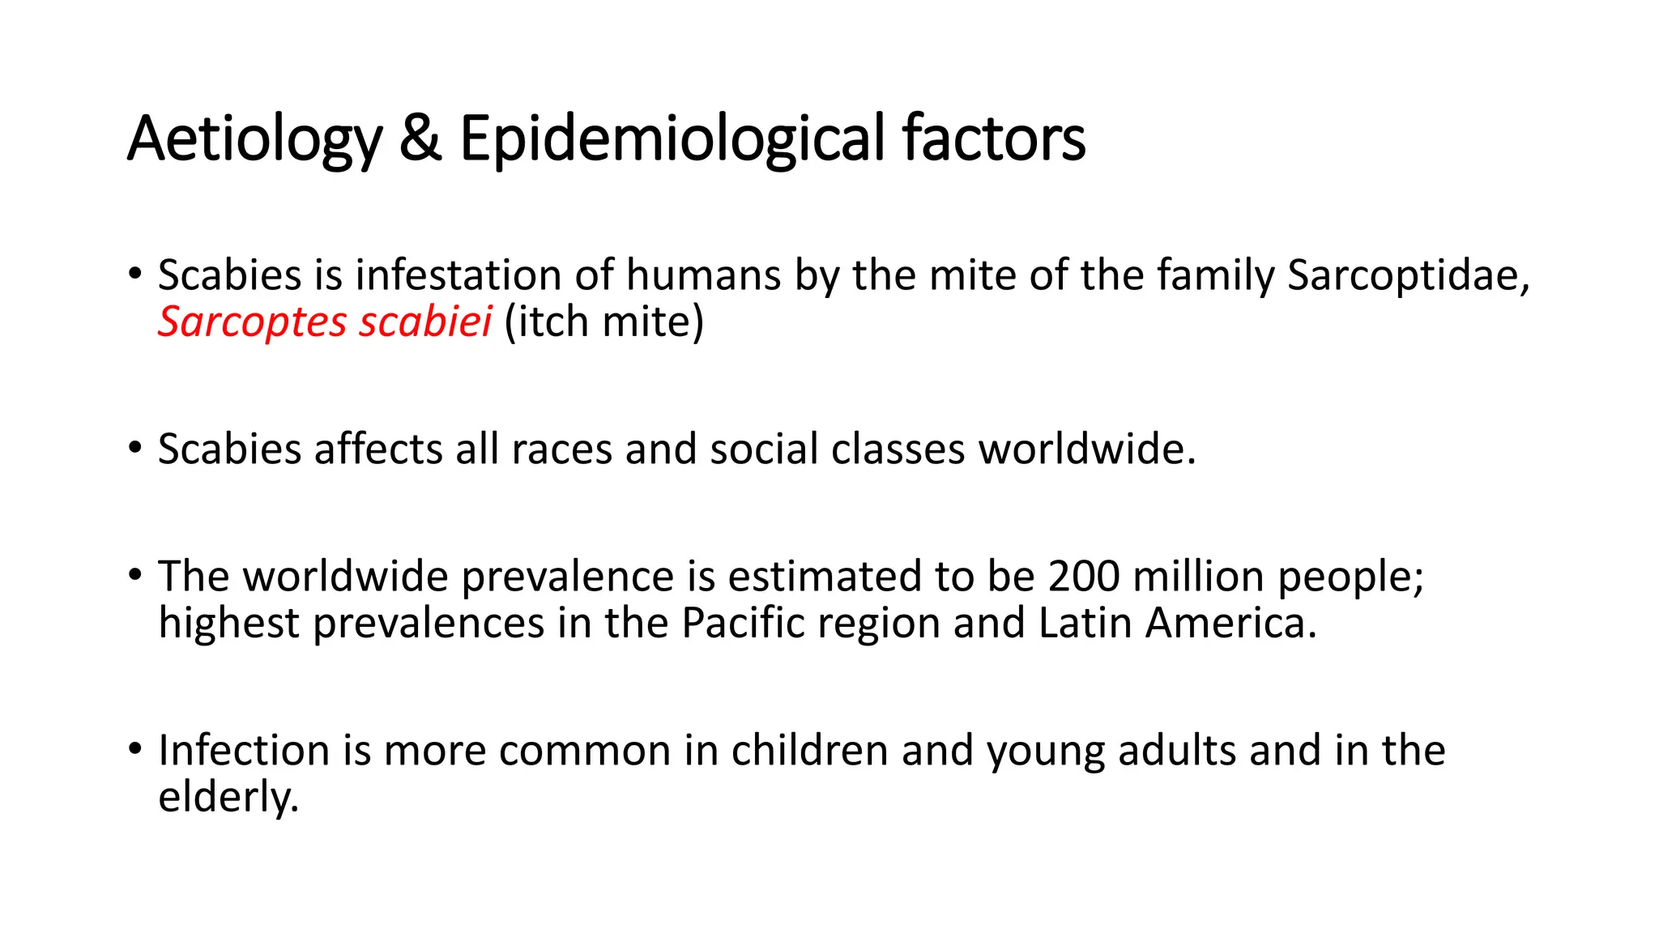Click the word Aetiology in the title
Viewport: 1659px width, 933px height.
tap(254, 139)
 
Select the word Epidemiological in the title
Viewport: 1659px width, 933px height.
tap(672, 139)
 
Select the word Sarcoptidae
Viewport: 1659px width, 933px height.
tap(1408, 275)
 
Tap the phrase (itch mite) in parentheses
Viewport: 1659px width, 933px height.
tap(603, 322)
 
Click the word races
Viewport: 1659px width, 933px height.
tap(561, 449)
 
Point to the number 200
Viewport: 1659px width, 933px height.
tap(1084, 577)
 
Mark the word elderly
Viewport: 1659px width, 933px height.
tap(228, 797)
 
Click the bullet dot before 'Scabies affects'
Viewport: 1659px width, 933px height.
tap(135, 447)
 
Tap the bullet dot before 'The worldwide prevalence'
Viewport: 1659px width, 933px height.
tap(135, 575)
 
